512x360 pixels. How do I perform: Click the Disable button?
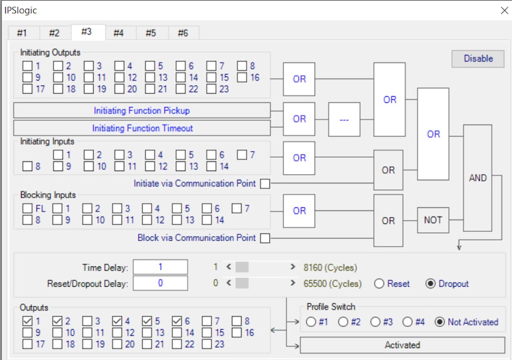coord(478,59)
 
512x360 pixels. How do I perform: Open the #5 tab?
coord(151,33)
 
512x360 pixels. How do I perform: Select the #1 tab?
coord(22,33)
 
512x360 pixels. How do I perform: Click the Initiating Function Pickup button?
coord(142,111)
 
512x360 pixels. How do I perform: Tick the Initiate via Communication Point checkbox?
coord(265,184)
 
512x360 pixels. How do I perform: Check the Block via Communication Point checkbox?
coord(265,238)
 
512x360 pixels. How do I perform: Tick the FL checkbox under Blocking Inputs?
coord(28,208)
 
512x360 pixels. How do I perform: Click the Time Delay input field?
coord(160,267)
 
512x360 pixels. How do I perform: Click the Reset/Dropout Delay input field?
coord(160,283)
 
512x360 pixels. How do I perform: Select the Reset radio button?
coord(379,284)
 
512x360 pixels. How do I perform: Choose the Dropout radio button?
coord(431,284)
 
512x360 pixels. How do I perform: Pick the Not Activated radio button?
coord(439,322)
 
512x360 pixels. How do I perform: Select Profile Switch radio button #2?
coord(343,322)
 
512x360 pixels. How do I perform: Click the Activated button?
coord(402,345)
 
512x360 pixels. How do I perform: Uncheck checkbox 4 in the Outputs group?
coord(117,321)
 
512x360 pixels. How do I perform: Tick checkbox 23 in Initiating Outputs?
coord(211,89)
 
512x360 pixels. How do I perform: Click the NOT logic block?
coord(433,220)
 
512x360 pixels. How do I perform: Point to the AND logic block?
coord(478,178)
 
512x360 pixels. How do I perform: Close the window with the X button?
coord(504,10)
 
